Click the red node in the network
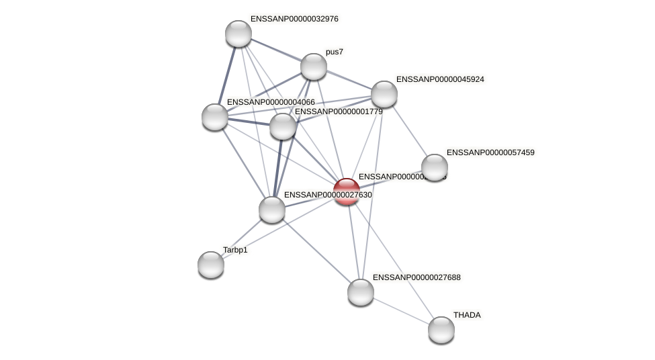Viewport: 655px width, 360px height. coord(347,191)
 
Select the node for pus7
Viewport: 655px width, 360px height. coord(314,66)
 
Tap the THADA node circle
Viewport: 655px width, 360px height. coord(441,330)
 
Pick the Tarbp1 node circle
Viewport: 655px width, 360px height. coord(211,265)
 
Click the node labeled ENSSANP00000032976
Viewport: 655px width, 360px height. coord(238,34)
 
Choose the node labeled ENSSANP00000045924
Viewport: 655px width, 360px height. coord(384,94)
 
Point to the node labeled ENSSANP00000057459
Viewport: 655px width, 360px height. coord(435,167)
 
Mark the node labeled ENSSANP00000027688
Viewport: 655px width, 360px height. coord(361,292)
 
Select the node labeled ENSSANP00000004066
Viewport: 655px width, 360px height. coord(215,117)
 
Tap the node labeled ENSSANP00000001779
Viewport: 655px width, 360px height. coord(283,126)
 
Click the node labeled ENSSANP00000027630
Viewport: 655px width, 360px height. coord(272,210)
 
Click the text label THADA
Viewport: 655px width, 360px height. coord(467,315)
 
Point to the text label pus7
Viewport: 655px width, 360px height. coord(334,52)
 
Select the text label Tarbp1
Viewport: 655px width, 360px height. coord(235,250)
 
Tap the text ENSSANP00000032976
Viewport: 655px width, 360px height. coord(294,19)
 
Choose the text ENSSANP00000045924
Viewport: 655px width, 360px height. coord(440,79)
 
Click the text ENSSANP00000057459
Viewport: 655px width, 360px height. coord(490,152)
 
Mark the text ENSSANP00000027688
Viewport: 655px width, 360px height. coord(417,277)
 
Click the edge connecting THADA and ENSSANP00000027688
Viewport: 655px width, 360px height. coord(401,311)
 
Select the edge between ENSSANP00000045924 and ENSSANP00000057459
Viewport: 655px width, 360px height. coord(410,131)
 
